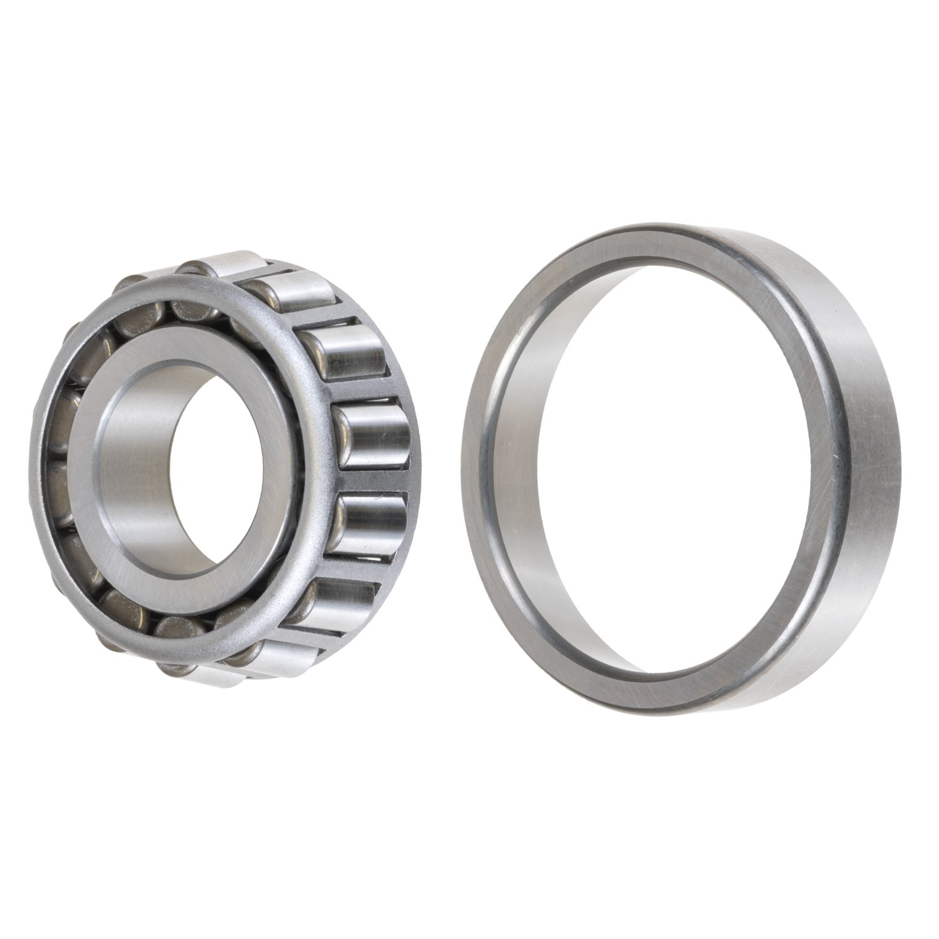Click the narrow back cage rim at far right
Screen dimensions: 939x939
point(414,476)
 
